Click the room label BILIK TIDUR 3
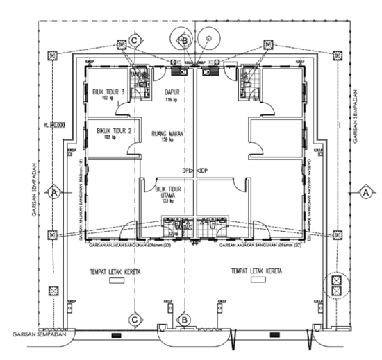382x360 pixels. (108, 91)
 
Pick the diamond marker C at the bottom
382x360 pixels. (134, 319)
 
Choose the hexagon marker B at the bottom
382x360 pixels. (184, 319)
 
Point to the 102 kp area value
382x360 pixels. (108, 99)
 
